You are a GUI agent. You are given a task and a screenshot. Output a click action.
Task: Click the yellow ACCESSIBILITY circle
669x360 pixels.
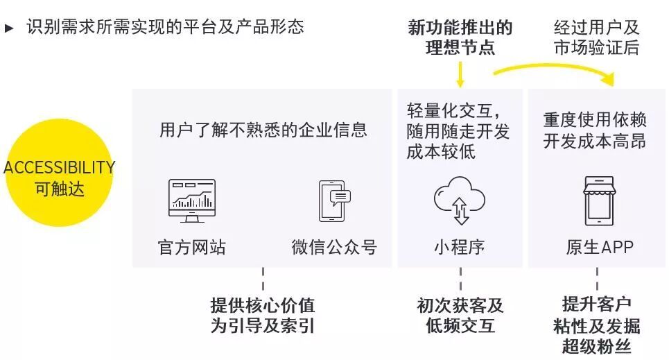point(58,178)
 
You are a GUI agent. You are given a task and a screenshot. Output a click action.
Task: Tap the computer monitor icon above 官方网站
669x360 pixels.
point(192,200)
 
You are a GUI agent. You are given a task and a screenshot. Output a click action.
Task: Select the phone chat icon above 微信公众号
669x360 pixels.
point(333,201)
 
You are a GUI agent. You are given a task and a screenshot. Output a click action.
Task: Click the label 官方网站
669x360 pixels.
point(192,248)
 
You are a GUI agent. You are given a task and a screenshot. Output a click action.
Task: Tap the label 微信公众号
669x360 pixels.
point(334,248)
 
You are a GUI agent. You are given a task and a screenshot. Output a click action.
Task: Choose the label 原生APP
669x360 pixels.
point(599,248)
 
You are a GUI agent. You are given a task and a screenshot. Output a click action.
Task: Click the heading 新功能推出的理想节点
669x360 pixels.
point(460,38)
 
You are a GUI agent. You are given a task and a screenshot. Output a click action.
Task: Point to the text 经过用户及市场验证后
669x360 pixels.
point(596,38)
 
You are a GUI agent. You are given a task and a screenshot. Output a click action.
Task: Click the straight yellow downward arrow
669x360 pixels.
point(460,74)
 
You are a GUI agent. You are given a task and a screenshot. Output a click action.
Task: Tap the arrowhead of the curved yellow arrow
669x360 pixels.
point(608,78)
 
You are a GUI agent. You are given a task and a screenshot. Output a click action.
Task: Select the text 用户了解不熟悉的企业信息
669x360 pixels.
point(263,130)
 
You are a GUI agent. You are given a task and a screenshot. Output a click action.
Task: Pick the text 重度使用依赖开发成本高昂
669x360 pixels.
point(595,130)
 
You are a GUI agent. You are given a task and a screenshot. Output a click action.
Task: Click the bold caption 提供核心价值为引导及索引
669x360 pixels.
point(263,316)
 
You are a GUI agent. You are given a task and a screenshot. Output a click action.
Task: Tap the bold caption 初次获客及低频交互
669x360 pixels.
point(460,316)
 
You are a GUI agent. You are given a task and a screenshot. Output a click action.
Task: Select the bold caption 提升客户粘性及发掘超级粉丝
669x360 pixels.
point(597,326)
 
